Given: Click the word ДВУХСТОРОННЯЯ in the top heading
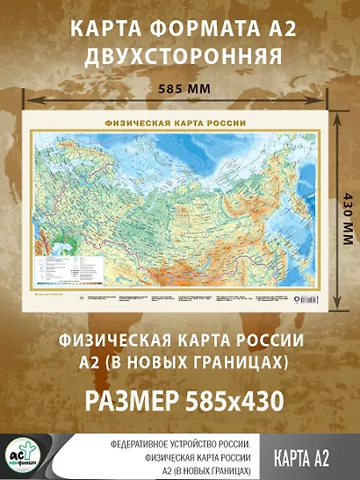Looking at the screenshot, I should pos(180,56).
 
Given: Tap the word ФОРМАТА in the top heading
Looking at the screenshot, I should pos(180,29).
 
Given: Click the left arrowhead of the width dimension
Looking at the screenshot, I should pos(26,101).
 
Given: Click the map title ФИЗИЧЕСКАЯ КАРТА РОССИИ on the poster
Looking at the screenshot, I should pos(175,123).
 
